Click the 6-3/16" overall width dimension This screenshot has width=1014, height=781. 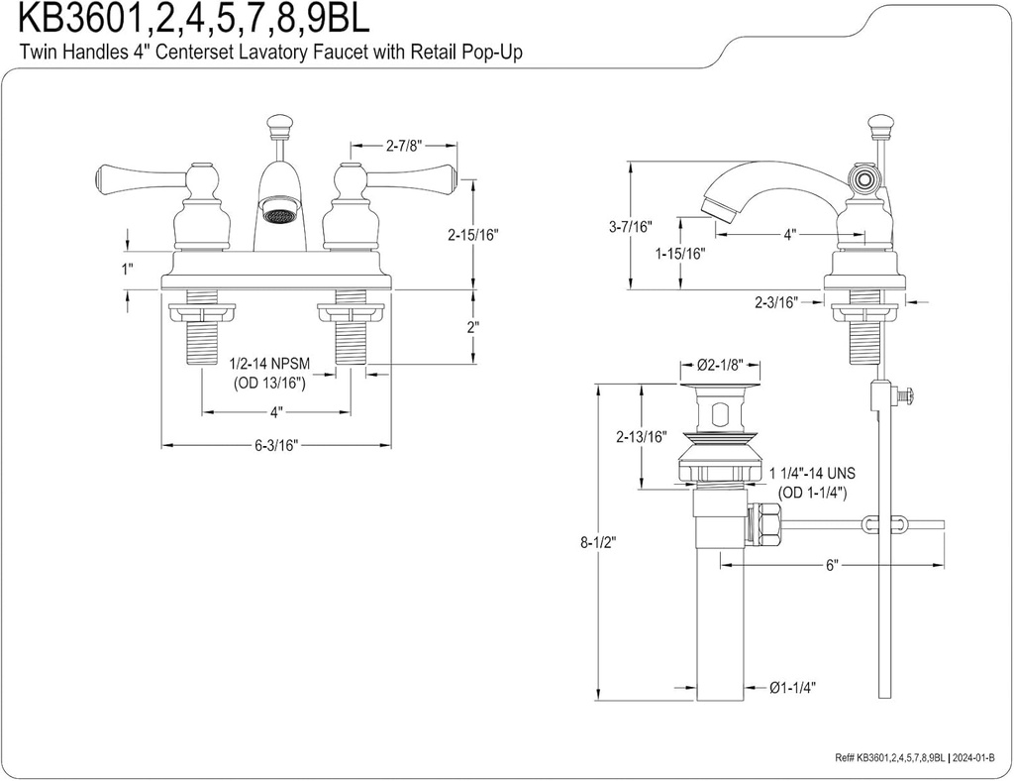(276, 446)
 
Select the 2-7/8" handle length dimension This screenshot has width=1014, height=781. (404, 146)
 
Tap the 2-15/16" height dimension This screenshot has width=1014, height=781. (472, 235)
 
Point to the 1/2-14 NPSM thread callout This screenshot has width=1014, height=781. (269, 365)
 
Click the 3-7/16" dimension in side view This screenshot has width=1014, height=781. (631, 227)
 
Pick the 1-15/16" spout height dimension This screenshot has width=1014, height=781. (679, 254)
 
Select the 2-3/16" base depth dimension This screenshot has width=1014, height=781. (776, 303)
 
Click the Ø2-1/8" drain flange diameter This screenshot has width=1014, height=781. (720, 367)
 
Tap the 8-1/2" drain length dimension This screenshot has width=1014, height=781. (597, 543)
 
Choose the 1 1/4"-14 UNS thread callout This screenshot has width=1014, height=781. (812, 476)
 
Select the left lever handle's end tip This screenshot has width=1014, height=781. (100, 179)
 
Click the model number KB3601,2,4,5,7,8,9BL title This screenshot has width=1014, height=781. (188, 20)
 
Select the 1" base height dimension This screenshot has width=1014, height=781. (127, 269)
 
